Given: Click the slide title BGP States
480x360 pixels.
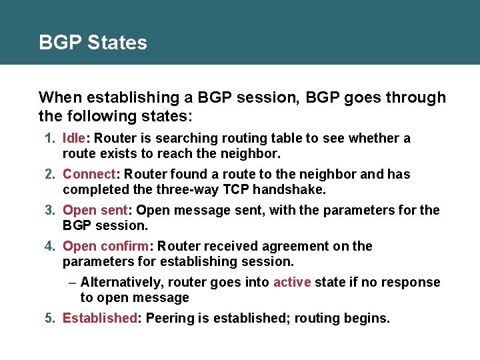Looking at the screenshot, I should tap(93, 43).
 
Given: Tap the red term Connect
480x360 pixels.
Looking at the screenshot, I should tap(89, 175).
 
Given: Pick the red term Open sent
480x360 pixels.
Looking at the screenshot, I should tap(92, 211).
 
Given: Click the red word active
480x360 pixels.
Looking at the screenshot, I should tap(292, 282).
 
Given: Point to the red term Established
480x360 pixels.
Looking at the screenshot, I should tap(99, 318).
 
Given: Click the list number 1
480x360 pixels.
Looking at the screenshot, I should tap(49, 139).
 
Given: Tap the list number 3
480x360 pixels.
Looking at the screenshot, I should tap(49, 211).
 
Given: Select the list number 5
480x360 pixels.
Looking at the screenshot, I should tap(49, 318).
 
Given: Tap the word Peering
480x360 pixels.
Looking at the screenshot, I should tap(169, 318).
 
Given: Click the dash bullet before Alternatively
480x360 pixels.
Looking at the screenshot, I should tap(73, 282).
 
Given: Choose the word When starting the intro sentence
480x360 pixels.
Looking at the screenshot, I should tap(58, 98).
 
